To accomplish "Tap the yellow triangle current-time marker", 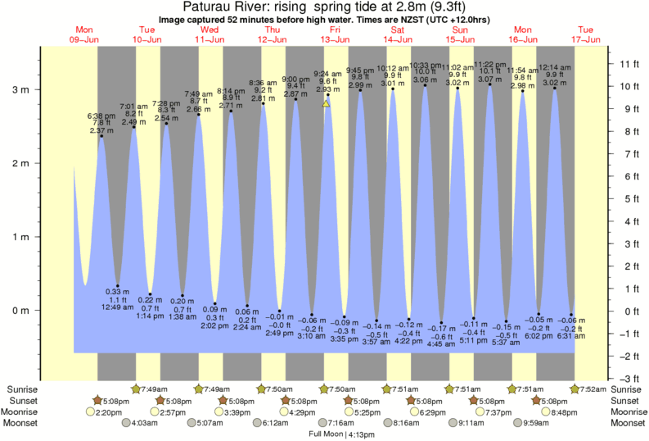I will (x=327, y=103).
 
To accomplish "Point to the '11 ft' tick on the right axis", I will (x=629, y=64).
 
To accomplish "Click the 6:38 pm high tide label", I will (x=101, y=117).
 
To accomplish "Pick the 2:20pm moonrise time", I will (x=111, y=411).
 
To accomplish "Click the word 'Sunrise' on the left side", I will (x=21, y=389).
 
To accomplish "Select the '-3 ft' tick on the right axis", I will (x=629, y=378).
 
